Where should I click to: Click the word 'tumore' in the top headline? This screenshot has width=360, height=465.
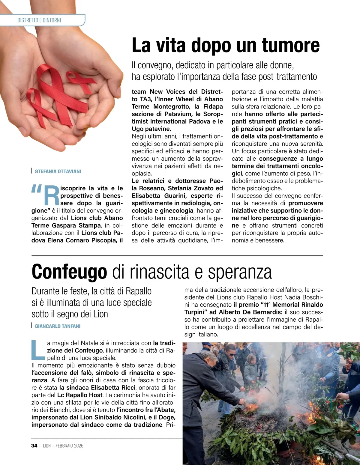(x=291, y=45)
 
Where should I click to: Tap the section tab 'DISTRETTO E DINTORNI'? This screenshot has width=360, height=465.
(x=39, y=20)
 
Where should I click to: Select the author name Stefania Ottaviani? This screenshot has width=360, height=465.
(x=58, y=171)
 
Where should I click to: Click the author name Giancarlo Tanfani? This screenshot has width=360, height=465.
(x=58, y=326)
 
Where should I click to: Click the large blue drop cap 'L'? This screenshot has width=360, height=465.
(x=38, y=350)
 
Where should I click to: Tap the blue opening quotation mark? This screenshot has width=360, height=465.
(x=36, y=189)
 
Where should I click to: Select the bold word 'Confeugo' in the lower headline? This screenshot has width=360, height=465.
(x=69, y=272)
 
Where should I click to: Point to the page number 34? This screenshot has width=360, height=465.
(x=34, y=446)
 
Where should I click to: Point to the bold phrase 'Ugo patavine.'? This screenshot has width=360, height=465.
(x=151, y=129)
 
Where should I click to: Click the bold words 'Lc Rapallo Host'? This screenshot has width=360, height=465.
(x=80, y=395)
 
